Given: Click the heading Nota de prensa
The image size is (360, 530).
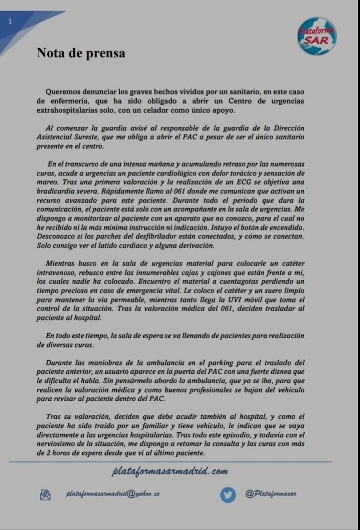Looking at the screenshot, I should coord(81,53).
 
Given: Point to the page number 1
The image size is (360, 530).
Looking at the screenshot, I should coord(11,21).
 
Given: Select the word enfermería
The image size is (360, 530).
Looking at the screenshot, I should coord(62,101).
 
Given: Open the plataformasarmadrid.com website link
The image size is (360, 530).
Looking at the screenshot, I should coord(170,471).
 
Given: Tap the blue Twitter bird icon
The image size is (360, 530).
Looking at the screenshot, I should coord(228,494).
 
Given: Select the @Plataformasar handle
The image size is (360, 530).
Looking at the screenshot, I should coord(271,494).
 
